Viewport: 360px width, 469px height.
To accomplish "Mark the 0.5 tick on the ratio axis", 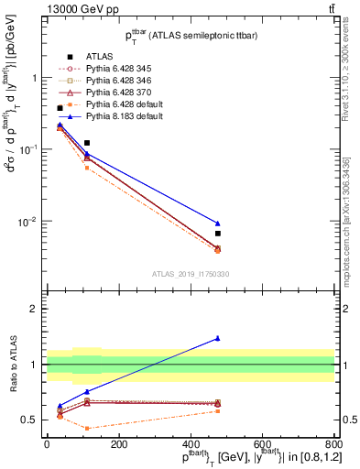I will tap(32, 420).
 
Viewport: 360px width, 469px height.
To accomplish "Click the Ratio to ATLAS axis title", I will tap(14, 365).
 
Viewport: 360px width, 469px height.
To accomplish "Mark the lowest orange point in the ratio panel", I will tap(87, 428).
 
